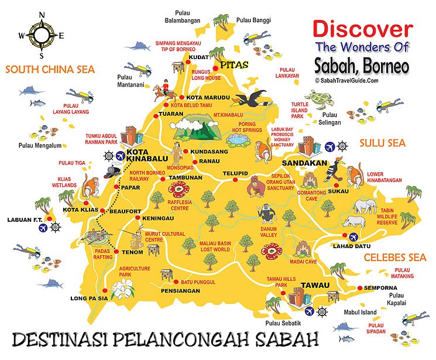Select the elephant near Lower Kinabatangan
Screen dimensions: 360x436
pyautogui.click(x=364, y=205)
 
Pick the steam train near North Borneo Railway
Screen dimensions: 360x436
pyautogui.click(x=113, y=170)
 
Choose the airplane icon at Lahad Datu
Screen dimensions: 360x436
pyautogui.click(x=353, y=237)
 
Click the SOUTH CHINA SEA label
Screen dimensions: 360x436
pyautogui.click(x=50, y=69)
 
